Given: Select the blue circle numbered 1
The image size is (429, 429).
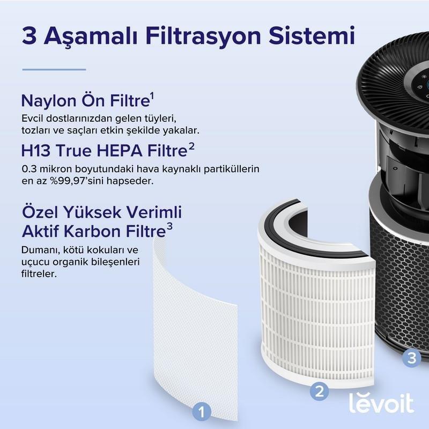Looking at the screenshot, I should (201, 412).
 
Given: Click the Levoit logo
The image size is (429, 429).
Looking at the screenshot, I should (381, 403).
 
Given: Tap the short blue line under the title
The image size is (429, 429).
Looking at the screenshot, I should (54, 69).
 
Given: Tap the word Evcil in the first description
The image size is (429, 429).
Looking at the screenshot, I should (34, 118).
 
